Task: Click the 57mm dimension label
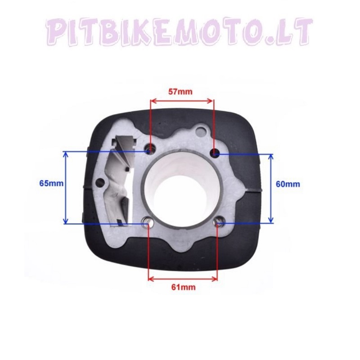tap(180, 92)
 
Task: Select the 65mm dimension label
tap(51, 183)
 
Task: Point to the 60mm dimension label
tap(288, 184)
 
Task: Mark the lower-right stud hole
tap(219, 222)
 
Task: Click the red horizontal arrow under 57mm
tap(183, 101)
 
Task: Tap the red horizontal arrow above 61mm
tap(183, 278)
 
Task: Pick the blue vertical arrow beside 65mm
tap(67, 187)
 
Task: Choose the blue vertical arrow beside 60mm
tap(271, 188)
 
